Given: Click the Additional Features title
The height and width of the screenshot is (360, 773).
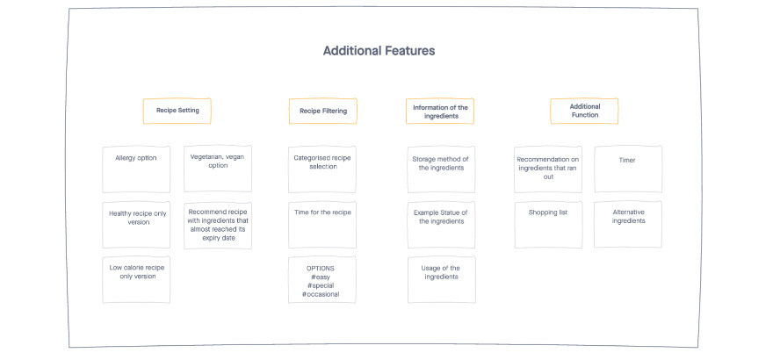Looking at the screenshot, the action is [x=379, y=51].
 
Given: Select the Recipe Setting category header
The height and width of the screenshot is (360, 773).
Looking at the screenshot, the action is [x=177, y=111].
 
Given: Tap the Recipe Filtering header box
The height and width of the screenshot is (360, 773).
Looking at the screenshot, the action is [x=323, y=111].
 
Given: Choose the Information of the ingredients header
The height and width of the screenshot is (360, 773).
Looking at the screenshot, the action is [x=440, y=112].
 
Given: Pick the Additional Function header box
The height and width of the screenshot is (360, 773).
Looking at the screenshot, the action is [x=584, y=111].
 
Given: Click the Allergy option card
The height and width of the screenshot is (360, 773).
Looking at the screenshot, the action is [x=136, y=169].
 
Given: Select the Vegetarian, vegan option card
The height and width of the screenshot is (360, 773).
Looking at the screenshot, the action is [x=218, y=169].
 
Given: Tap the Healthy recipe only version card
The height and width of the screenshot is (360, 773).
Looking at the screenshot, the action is [x=136, y=225].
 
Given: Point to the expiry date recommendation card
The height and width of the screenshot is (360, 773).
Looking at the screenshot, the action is [x=218, y=225].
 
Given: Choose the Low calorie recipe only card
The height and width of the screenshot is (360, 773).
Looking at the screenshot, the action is [x=136, y=279].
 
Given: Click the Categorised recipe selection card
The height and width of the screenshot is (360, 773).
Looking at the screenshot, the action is [x=322, y=169].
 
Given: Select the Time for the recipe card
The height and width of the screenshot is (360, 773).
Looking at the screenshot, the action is [x=322, y=225].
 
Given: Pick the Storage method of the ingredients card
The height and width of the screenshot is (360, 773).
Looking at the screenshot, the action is [x=441, y=169].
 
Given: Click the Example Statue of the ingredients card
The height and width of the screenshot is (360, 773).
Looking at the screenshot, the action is [x=441, y=225].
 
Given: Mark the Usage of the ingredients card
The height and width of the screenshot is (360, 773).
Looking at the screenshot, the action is [x=442, y=279].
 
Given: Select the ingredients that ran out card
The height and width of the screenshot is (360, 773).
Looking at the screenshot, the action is [x=548, y=169].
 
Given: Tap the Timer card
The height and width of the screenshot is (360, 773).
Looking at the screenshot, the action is [x=628, y=169].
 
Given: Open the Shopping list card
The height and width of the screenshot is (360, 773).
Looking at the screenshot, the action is [x=548, y=225].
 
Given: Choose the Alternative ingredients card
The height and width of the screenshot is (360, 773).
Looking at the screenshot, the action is [x=628, y=224].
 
